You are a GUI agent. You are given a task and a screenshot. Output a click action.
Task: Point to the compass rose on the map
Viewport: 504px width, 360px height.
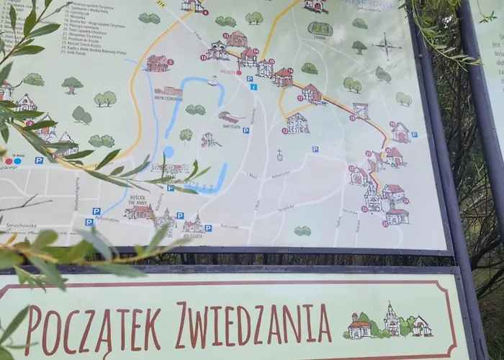[387, 45]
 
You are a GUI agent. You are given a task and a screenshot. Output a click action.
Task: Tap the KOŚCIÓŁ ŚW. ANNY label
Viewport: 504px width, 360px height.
[138, 202]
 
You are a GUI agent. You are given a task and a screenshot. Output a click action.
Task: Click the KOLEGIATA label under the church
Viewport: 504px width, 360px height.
[193, 235]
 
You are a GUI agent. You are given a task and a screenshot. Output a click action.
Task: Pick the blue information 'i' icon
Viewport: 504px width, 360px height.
[253, 87]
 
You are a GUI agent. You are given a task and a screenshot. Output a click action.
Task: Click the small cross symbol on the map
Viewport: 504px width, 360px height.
[280, 154]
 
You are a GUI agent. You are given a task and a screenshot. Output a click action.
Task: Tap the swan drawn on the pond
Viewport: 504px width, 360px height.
[212, 81]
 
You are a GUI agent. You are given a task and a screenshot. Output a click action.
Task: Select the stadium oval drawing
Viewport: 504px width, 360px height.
[320, 29]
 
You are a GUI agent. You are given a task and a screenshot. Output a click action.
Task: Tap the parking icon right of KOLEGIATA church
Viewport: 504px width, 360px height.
[208, 228]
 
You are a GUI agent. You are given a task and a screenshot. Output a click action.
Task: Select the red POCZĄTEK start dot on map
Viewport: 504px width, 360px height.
[239, 73]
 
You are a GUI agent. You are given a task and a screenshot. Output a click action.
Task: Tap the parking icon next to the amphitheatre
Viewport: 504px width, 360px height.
[246, 130]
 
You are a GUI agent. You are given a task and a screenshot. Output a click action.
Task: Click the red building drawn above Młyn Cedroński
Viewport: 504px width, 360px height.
[157, 63]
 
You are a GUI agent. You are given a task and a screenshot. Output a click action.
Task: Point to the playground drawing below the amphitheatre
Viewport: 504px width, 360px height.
[209, 139]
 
